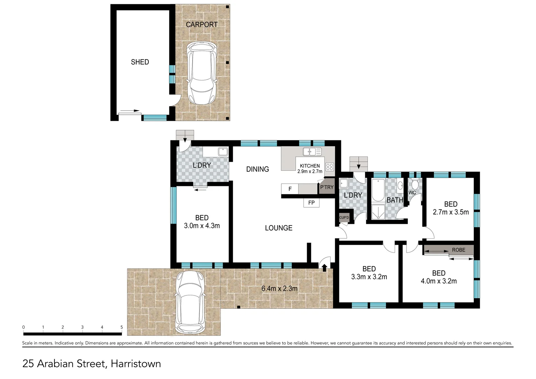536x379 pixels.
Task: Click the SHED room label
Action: tap(140, 62)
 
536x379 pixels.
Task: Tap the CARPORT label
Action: tap(201, 25)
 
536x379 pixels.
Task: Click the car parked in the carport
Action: tap(201, 73)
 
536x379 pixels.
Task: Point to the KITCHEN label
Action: tap(310, 166)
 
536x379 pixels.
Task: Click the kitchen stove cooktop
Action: tap(330, 167)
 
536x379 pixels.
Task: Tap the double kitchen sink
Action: tap(312, 152)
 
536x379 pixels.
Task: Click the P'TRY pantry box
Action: tap(327, 187)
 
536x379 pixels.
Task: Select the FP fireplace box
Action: tap(311, 203)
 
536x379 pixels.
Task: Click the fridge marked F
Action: tap(290, 189)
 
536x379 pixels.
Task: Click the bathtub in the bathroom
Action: tap(378, 190)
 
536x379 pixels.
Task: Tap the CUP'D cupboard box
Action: tap(344, 218)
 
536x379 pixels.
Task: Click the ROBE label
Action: tap(458, 250)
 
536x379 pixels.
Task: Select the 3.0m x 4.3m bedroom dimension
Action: tap(202, 226)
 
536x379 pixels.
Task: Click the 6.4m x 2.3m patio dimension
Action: tap(279, 288)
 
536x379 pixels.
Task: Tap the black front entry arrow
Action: tap(324, 268)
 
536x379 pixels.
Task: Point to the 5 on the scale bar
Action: tap(121, 327)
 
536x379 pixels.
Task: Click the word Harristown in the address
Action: tap(136, 364)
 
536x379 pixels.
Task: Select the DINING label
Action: tap(257, 169)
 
